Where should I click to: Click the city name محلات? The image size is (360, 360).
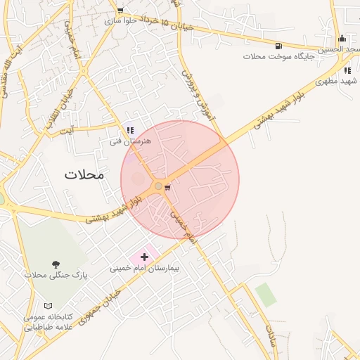point(84,174)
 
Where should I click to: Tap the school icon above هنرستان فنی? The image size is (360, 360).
point(130,130)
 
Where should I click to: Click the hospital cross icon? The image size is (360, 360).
point(145,257)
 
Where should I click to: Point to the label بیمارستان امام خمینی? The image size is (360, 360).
point(145,269)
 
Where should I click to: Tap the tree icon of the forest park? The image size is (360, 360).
point(56,264)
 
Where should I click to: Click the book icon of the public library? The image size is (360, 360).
point(48,307)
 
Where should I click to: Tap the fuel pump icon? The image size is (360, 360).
point(271,44)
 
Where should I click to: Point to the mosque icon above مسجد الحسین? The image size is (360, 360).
point(342,39)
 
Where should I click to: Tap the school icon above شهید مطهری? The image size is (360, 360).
point(347,70)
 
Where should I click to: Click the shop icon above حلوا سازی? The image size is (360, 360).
point(120,11)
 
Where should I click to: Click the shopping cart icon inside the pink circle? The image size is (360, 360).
point(167,188)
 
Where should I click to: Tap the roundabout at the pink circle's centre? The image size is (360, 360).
point(157,186)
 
